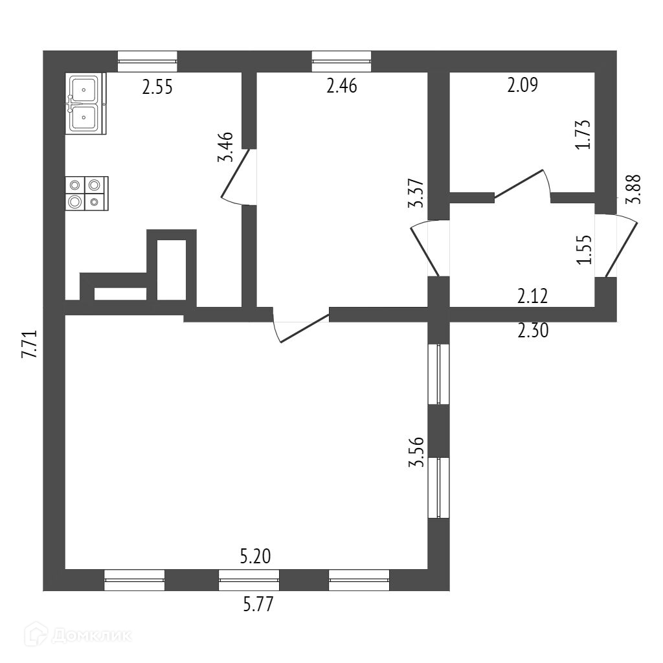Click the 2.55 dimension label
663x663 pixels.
pos(157,87)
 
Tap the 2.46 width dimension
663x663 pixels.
pos(342,86)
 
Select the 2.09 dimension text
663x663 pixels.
pos(523,85)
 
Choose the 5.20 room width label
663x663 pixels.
pos(255,556)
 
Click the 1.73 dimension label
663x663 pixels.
pos(585,134)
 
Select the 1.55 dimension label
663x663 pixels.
pos(585,249)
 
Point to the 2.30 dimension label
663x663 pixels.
pos(534,331)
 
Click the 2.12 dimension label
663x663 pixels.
pos(533,297)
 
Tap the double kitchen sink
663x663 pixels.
pos(85,104)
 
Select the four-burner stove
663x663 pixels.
pos(86,194)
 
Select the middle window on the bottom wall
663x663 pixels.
pos(249,580)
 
